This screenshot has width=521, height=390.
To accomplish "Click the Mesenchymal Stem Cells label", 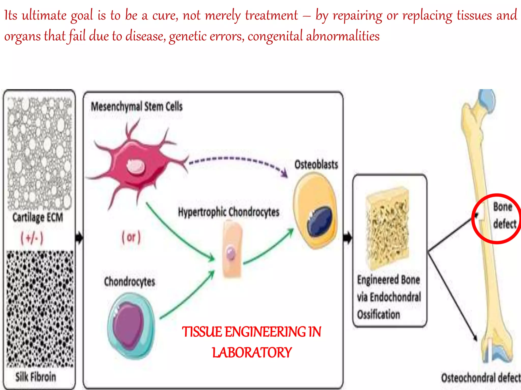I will pos(137,107).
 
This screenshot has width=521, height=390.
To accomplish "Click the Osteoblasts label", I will pos(316,165).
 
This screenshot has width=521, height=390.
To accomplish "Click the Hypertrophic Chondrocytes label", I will pos(228,212).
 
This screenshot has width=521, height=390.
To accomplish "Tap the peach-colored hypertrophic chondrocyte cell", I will pos(232,249).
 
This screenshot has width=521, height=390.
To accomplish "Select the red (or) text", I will pos(131,237).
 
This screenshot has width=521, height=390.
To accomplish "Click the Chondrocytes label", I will pos(129,282).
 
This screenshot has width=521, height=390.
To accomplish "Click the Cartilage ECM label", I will pos(38,218).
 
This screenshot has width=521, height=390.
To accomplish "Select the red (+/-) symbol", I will pos(32,238).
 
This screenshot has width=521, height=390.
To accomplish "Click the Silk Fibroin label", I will pos(36,377).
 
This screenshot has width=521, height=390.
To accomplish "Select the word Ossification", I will pos(378,314).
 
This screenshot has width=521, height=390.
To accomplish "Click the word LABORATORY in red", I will pos(252,352).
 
